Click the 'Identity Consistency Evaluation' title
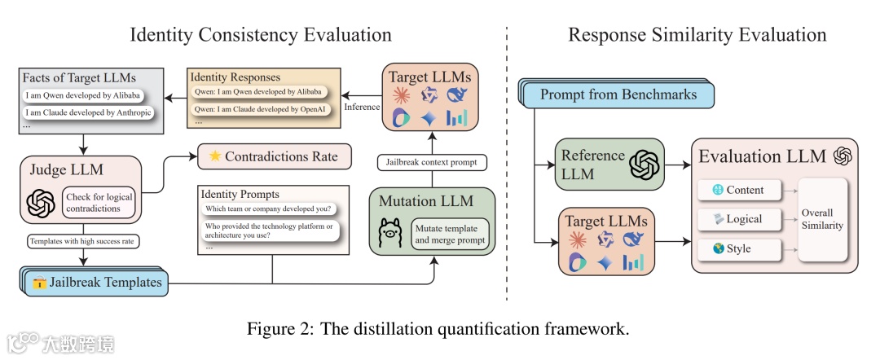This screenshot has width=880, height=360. (x=261, y=34)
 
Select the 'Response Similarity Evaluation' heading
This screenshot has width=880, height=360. (x=697, y=34)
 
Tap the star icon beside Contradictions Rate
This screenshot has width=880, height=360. (x=213, y=156)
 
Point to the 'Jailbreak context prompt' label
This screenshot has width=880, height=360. (x=431, y=163)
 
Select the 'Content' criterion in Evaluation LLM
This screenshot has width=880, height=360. (x=737, y=190)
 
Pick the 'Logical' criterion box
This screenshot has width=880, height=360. (x=737, y=218)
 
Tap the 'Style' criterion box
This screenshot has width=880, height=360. (x=737, y=248)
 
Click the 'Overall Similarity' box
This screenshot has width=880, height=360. (x=822, y=218)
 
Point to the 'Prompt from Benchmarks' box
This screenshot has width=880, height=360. (x=618, y=94)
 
